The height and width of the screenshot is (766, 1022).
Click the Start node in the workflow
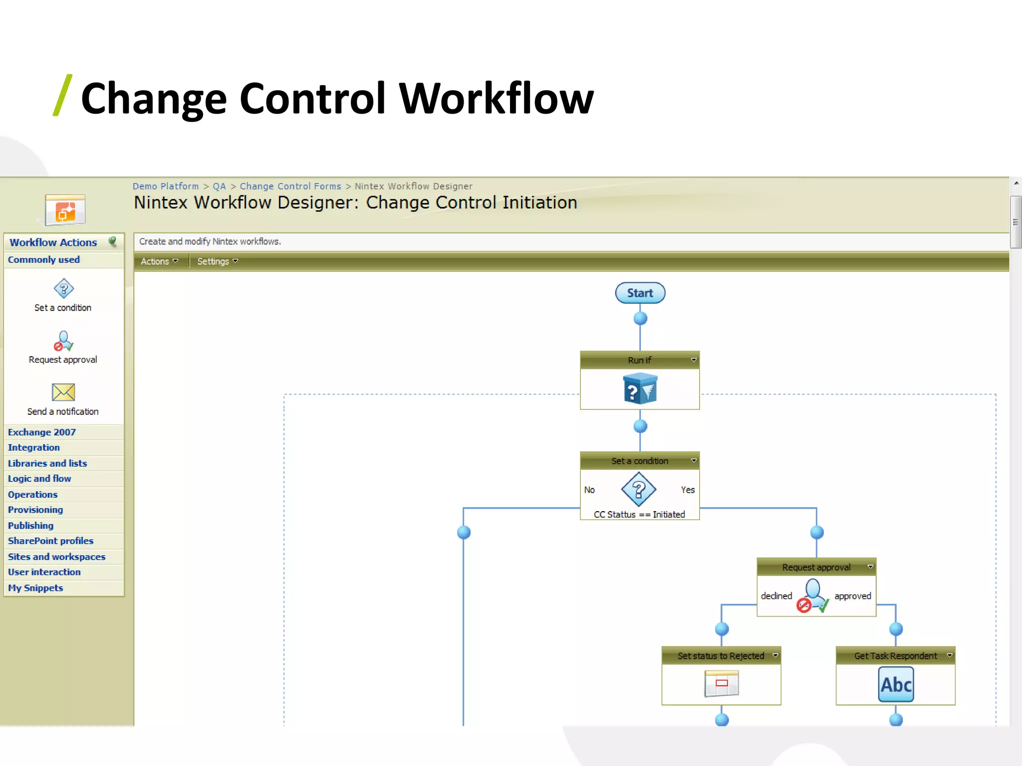tap(640, 293)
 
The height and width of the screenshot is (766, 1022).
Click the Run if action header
tap(639, 360)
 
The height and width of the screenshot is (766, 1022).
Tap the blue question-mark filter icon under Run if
tap(640, 389)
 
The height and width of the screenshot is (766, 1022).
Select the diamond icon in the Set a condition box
tap(639, 489)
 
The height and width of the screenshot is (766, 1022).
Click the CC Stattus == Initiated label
tap(639, 514)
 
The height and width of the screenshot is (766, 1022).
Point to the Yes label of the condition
tap(687, 490)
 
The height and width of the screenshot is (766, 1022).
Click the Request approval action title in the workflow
tap(816, 567)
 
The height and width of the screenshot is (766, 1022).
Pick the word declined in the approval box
tap(776, 596)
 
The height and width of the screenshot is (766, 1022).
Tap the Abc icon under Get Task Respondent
tap(896, 685)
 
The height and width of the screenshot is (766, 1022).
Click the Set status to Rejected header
tap(721, 656)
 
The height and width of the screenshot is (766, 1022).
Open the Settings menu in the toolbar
tap(217, 261)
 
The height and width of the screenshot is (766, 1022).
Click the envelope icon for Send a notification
tap(63, 392)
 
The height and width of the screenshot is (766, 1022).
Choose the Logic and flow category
tap(39, 479)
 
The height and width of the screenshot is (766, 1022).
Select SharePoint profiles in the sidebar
tap(50, 541)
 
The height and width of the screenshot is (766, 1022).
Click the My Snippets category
tap(35, 588)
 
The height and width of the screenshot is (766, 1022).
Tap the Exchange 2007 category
tap(42, 432)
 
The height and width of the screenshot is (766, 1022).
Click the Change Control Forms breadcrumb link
tap(290, 186)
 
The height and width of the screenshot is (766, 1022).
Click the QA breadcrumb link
tap(219, 186)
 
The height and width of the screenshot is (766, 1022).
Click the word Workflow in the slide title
tap(496, 98)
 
